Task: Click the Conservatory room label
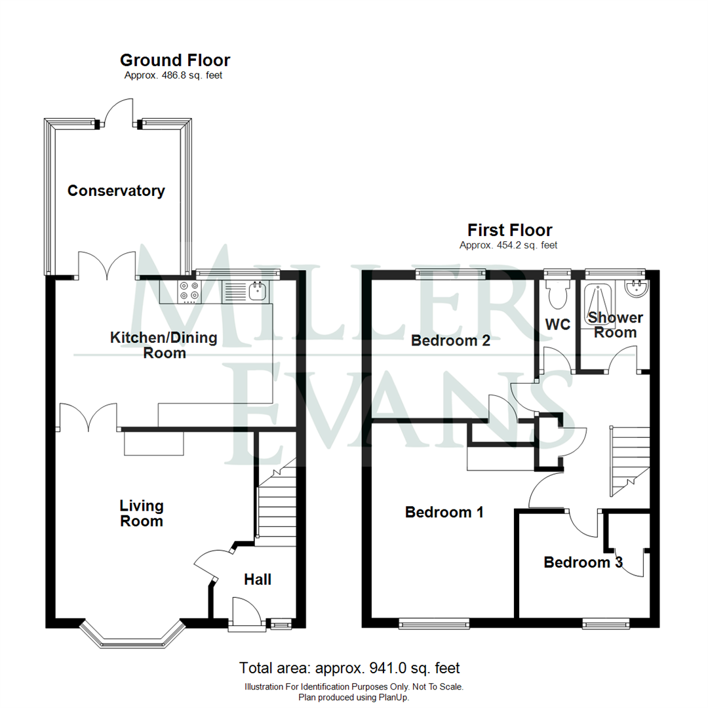[116, 191]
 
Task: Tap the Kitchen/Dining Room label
[163, 345]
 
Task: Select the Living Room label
[142, 514]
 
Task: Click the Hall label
[258, 580]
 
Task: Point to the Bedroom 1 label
[444, 512]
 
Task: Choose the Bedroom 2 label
[450, 341]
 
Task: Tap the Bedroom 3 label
[583, 562]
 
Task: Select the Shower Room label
[614, 325]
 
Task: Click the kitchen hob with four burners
[189, 291]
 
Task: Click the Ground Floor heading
[175, 61]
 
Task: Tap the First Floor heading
[509, 230]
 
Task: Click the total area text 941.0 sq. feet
[349, 669]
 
